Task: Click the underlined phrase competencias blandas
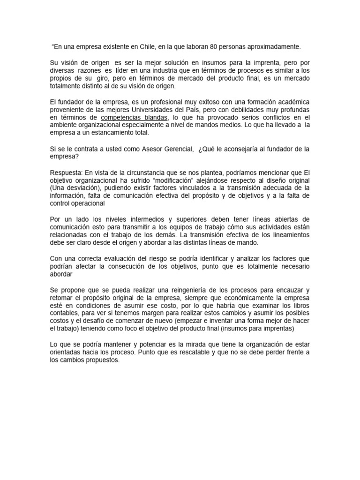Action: point(134,117)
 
